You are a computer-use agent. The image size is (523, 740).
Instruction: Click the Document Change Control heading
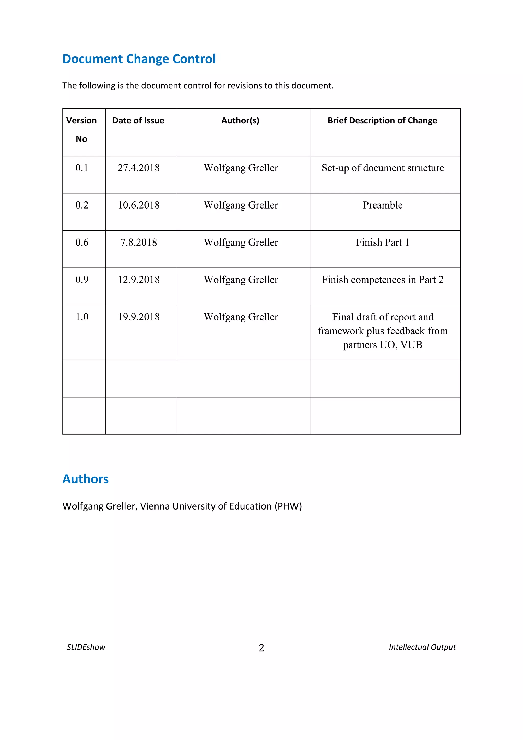point(139,59)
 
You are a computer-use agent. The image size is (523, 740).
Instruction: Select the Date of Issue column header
point(138,121)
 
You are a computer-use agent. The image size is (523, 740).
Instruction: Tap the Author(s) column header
point(240,121)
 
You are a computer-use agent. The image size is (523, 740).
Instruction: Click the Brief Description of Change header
point(382,121)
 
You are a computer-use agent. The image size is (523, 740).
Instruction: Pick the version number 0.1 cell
point(82,168)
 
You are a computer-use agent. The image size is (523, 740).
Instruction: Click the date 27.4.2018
point(138,168)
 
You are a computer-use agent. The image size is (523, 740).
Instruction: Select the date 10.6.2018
point(138,205)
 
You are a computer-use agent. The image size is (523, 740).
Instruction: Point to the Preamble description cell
point(383,205)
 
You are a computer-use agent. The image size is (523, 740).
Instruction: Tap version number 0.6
point(82,242)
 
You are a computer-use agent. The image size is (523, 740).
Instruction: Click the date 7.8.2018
point(138,242)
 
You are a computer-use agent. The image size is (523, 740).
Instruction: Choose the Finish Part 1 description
point(382,242)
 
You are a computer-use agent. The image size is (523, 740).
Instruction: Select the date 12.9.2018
point(138,280)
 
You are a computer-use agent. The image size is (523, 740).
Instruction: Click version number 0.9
point(82,280)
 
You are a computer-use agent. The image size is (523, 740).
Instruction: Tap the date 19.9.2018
point(138,317)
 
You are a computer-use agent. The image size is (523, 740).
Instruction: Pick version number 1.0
point(82,317)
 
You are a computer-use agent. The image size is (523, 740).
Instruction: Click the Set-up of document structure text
point(383,168)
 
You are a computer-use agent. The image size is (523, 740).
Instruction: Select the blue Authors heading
point(85,479)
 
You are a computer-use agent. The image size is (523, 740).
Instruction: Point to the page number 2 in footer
point(261,648)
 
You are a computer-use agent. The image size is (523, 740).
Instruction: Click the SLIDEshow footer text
point(86,647)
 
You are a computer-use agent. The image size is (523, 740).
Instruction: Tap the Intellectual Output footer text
point(422,647)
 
